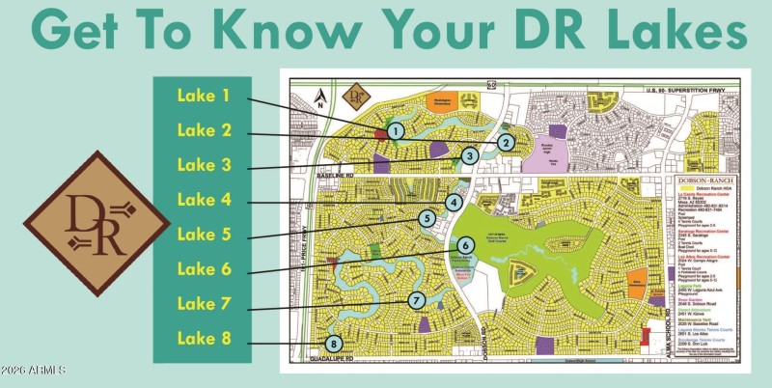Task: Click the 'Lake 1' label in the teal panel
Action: click(x=204, y=96)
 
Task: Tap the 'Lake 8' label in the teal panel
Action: click(x=204, y=338)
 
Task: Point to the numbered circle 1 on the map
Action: click(x=395, y=130)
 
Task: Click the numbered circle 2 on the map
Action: click(x=505, y=142)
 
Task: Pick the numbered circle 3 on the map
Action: click(x=469, y=155)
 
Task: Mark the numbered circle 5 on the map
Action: click(x=426, y=219)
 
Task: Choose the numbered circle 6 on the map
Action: click(x=464, y=246)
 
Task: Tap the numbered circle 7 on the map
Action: click(x=416, y=300)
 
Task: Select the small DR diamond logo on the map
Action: click(x=357, y=96)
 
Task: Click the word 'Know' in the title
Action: click(x=274, y=30)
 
